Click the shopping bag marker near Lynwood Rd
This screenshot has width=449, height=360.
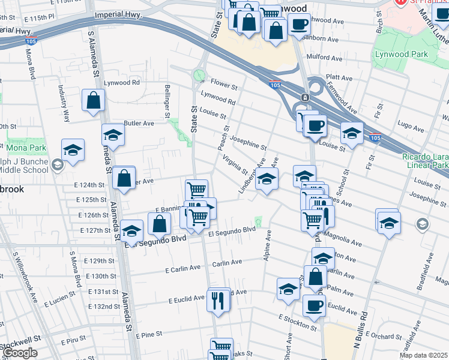[x=94, y=101]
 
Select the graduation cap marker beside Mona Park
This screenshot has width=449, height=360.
[x=73, y=150]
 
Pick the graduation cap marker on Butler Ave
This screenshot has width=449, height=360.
[x=112, y=134]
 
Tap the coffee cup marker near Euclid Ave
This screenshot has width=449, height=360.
[x=314, y=305]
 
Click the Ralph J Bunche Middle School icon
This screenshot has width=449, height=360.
[x=57, y=165]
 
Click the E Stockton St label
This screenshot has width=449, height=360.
[x=297, y=322]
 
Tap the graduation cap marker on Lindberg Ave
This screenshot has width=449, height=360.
[x=267, y=178]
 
